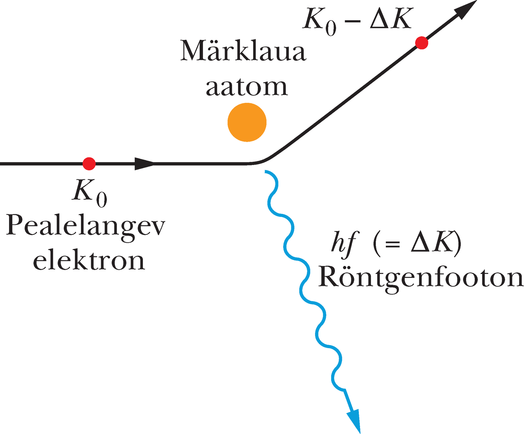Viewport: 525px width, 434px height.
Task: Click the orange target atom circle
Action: coord(247,122)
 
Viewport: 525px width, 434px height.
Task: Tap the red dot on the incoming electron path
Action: coord(89,164)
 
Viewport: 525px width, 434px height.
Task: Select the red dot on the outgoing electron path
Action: coord(421,43)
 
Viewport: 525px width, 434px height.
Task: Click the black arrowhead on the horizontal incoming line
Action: coord(144,164)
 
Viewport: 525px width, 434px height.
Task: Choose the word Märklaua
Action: coord(243,51)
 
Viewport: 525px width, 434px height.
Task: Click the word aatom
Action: coord(246,87)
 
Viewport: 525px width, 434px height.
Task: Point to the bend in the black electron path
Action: coord(264,159)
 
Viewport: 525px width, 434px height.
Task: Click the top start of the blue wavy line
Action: coord(266,171)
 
